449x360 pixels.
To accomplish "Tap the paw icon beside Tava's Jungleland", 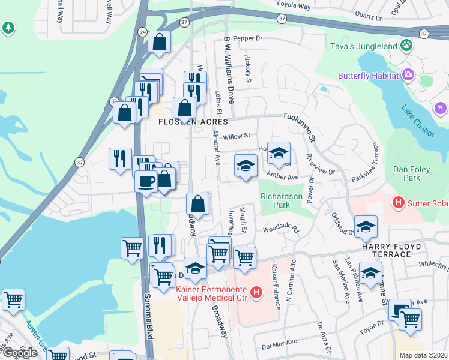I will pyautogui.click(x=406, y=44).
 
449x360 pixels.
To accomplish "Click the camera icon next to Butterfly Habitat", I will pyautogui.click(x=409, y=74).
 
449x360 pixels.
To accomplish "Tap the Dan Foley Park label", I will pyautogui.click(x=411, y=173).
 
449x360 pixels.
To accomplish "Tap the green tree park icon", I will pyautogui.click(x=8, y=28).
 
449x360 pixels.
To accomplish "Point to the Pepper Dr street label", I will pyautogui.click(x=248, y=38).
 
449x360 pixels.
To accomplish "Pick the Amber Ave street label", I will pyautogui.click(x=283, y=178).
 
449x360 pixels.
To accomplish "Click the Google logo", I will pyautogui.click(x=20, y=353).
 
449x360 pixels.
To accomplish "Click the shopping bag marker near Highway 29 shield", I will pyautogui.click(x=160, y=43).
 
